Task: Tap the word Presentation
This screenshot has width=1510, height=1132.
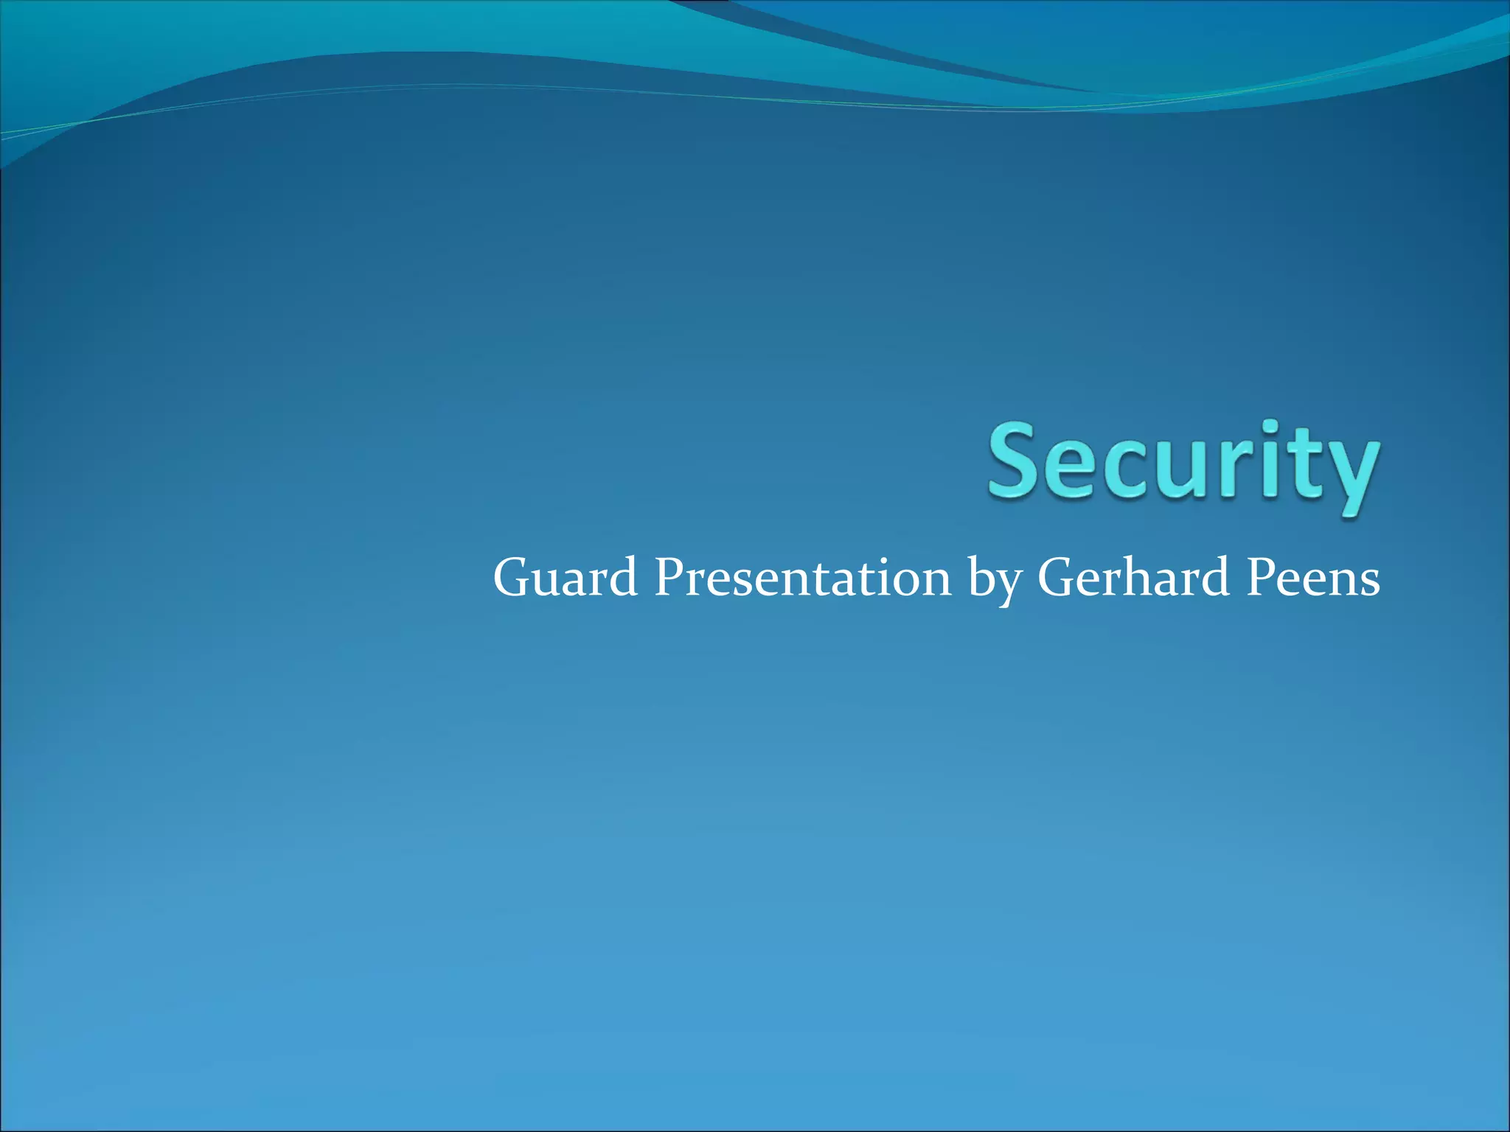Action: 802,578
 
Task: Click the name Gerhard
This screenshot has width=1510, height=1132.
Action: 1133,578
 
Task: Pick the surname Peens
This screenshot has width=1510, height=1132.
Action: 1313,578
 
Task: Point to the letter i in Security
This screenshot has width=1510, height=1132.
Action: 1267,461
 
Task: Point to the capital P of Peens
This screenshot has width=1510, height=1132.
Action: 1262,578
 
